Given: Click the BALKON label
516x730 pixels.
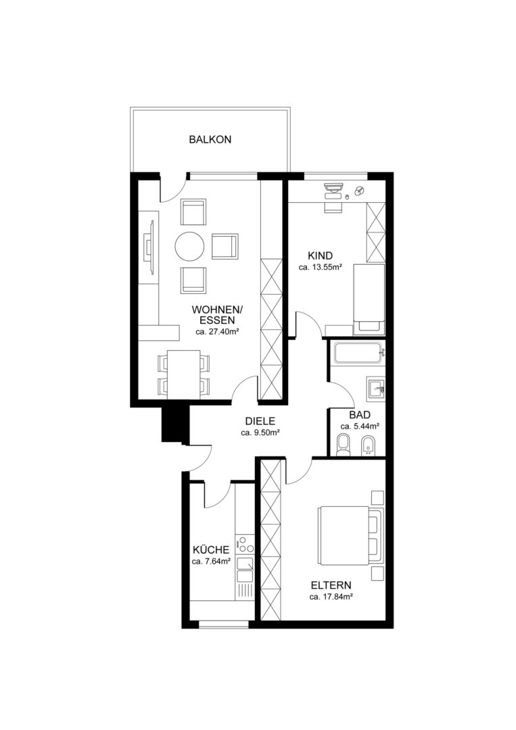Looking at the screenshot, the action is [210, 139].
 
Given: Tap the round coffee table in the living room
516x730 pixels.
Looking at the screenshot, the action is [189, 247].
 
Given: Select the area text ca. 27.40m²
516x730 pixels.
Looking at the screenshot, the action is [217, 332].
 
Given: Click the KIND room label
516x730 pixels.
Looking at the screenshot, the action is [321, 255].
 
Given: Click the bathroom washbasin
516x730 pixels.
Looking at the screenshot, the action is [376, 388].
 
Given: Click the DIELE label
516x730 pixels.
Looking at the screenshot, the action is [260, 421].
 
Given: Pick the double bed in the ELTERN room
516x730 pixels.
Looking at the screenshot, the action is [351, 535].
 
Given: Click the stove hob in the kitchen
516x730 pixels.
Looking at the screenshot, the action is [245, 545].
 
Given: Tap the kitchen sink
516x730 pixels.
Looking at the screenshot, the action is [245, 570].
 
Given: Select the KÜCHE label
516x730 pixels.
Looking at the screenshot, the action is [211, 550].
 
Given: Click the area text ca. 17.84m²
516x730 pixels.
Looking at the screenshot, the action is [331, 598].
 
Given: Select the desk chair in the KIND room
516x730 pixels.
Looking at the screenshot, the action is [332, 205].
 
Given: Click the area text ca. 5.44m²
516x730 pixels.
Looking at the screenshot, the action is [360, 427].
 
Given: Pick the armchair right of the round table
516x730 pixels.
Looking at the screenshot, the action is [225, 246].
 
